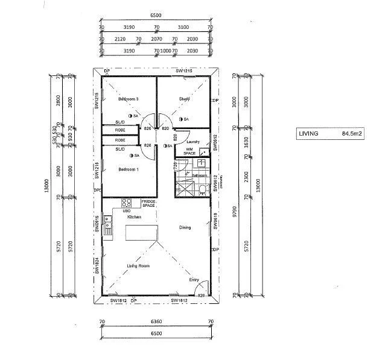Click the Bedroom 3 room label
(x=129, y=99)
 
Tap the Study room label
(x=185, y=99)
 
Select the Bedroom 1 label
(x=129, y=169)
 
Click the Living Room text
(x=138, y=265)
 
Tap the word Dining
(x=186, y=227)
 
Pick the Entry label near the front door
(x=194, y=279)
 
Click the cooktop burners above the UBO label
(x=127, y=203)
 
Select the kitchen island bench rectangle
(x=141, y=232)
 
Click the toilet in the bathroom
(x=203, y=189)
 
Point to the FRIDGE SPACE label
(x=148, y=203)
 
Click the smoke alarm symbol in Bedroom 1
(x=131, y=156)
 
